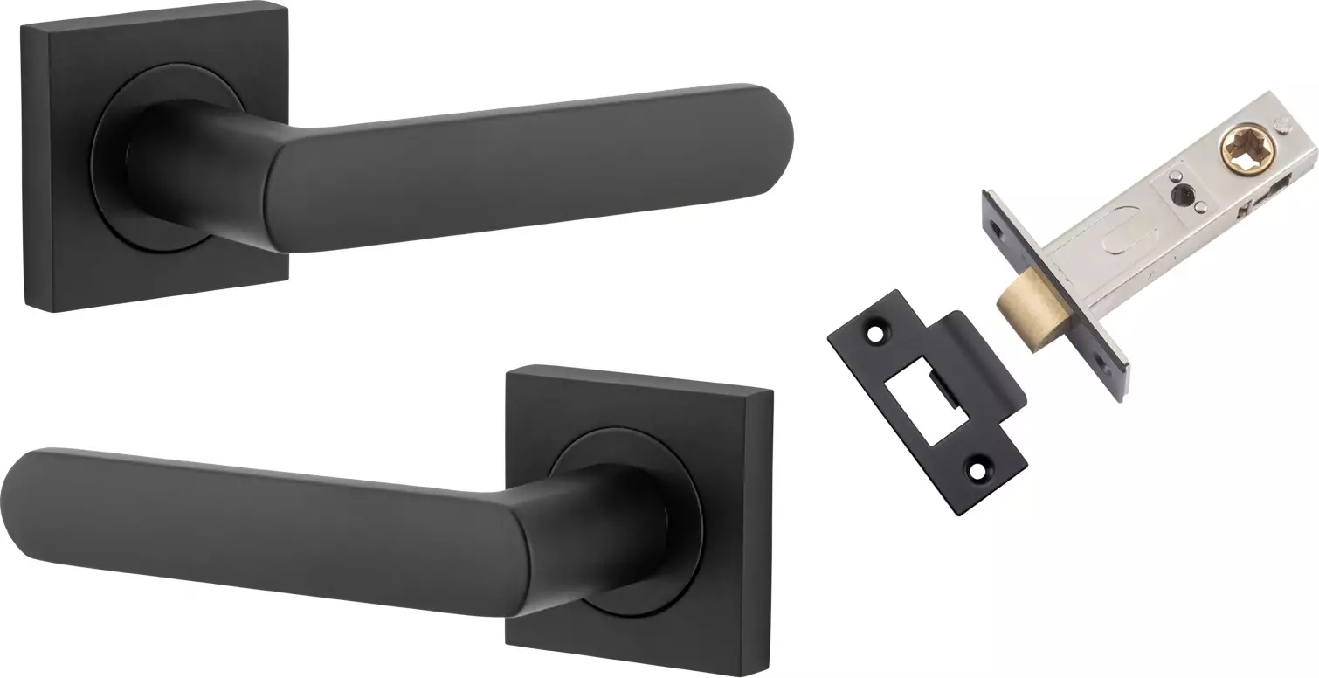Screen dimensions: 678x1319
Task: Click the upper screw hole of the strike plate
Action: pos(874,333)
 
